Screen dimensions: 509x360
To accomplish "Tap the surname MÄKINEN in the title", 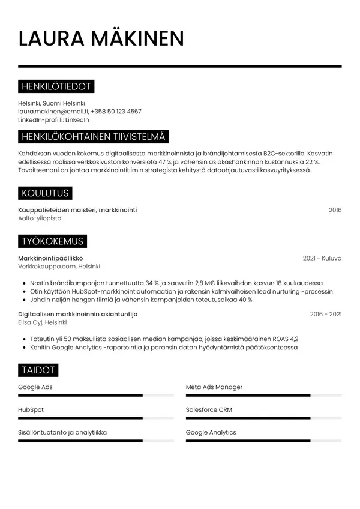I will [x=137, y=38].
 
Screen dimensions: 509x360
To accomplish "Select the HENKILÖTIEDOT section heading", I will [x=56, y=87].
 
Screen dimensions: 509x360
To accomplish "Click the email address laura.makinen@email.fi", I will [x=53, y=111].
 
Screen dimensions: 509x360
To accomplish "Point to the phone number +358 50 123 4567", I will [x=116, y=111].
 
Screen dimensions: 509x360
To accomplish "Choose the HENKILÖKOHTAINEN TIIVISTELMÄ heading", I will [x=93, y=137].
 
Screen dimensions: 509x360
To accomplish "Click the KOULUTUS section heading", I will [x=45, y=193].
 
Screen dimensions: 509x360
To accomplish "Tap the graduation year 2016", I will [x=335, y=210].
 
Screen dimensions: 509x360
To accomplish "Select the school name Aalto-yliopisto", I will [x=40, y=218].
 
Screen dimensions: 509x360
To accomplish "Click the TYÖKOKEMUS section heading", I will [x=52, y=241].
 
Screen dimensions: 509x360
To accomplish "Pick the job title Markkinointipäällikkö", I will [x=51, y=258].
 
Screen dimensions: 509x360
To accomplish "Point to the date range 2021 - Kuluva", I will [x=322, y=258].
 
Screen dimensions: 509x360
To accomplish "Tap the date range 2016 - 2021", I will [x=326, y=314].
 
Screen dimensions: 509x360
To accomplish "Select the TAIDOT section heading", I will [x=38, y=370].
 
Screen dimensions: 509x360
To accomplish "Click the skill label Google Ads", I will [x=35, y=387].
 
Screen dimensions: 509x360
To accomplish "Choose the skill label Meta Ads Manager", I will [x=214, y=387].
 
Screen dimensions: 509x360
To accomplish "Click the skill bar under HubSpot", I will [x=96, y=418].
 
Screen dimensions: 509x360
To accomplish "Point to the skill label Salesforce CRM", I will [x=209, y=410].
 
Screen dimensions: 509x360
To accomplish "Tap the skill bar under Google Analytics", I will [x=263, y=441].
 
